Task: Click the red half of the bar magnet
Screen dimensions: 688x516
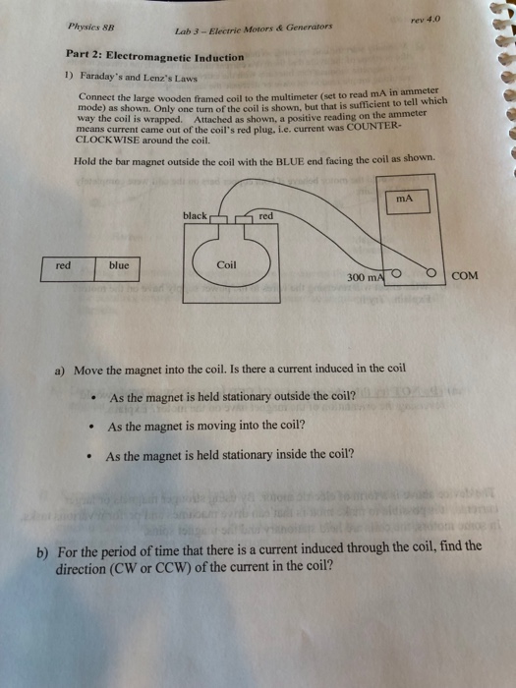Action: pyautogui.click(x=66, y=266)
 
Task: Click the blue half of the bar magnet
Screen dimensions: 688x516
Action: pyautogui.click(x=120, y=266)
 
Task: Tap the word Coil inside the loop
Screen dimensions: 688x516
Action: pyautogui.click(x=226, y=264)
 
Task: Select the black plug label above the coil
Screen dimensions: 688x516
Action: pyautogui.click(x=195, y=215)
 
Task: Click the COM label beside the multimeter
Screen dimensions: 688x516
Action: pyautogui.click(x=467, y=276)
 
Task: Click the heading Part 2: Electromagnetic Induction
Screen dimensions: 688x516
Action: pyautogui.click(x=154, y=58)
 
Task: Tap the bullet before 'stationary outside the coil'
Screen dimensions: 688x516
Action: pyautogui.click(x=90, y=398)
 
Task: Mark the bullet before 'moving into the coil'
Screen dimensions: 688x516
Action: pyautogui.click(x=89, y=428)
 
